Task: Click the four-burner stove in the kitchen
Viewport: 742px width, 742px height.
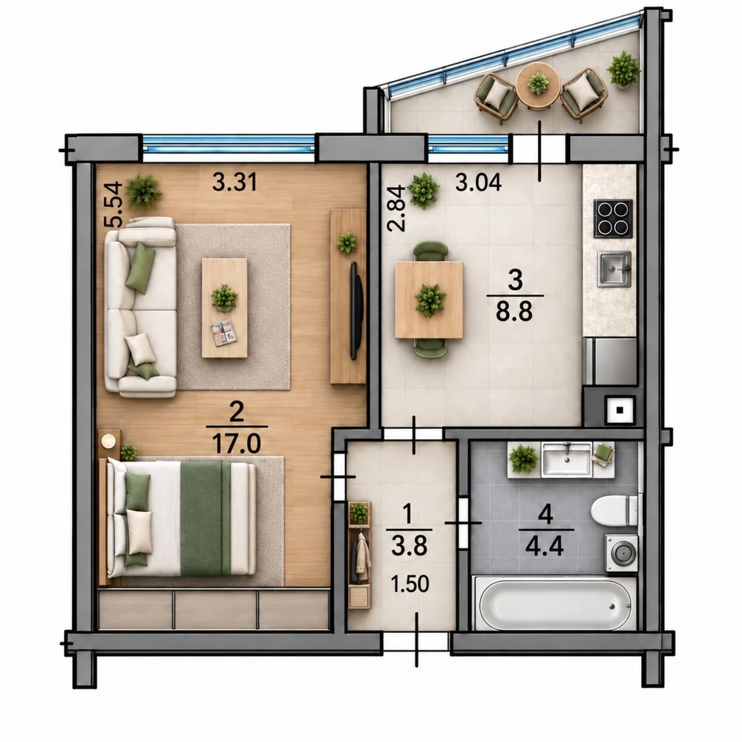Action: click(x=614, y=219)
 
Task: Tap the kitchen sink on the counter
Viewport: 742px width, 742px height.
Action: click(x=614, y=269)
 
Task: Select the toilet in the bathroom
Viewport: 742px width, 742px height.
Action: click(x=614, y=510)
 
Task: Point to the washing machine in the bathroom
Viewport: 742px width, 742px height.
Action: click(x=621, y=553)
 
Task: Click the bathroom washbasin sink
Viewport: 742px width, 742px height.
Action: click(x=566, y=459)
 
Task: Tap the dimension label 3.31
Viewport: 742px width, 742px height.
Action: click(x=234, y=183)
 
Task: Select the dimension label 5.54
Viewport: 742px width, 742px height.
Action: click(x=114, y=205)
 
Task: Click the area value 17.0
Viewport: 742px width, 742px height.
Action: click(x=236, y=444)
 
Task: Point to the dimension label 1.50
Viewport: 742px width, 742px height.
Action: click(x=410, y=584)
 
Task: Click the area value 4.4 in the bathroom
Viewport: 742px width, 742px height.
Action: click(x=545, y=547)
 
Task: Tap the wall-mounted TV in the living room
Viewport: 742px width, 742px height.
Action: click(x=356, y=311)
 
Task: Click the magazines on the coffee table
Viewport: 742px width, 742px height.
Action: click(x=223, y=332)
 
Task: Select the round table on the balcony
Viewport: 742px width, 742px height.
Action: click(x=538, y=85)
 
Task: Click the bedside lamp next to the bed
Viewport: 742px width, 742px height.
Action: click(x=108, y=441)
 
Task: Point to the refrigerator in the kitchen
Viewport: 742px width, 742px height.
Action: click(x=610, y=361)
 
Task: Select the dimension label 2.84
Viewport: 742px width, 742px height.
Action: click(x=396, y=209)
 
